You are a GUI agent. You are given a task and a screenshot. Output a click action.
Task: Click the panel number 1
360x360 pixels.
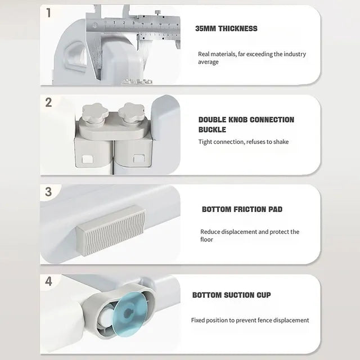[48, 13]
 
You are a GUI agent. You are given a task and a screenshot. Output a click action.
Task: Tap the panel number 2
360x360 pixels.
[48, 102]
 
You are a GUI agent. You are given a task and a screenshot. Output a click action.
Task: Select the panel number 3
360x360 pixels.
[48, 192]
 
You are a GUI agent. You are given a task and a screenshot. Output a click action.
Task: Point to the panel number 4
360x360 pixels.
[48, 281]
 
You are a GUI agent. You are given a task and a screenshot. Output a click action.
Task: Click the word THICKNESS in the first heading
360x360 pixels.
[238, 29]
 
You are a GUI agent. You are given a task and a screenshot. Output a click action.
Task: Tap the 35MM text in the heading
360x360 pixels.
[205, 29]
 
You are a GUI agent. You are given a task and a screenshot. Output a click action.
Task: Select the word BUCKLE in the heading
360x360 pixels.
[212, 130]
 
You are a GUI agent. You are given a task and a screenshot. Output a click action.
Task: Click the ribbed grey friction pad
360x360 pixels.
[111, 230]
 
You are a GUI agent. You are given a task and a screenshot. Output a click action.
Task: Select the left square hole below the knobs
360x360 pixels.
[88, 159]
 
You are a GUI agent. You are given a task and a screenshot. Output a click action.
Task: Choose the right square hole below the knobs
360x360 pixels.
[139, 159]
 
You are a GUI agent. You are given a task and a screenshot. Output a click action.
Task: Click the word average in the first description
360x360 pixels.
[208, 62]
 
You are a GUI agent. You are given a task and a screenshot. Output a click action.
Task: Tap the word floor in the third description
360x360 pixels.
[206, 240]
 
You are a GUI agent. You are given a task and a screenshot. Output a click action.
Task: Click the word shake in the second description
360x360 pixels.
[281, 142]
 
